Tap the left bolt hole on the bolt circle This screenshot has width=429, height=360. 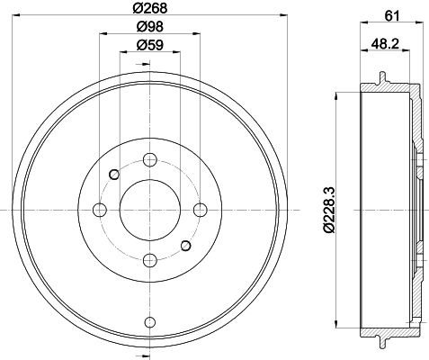[100, 210]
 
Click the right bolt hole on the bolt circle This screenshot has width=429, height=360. [199, 210]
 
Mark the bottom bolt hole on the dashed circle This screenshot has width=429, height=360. [149, 260]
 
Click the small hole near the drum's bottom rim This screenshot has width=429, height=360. [149, 320]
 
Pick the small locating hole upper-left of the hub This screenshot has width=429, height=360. [114, 175]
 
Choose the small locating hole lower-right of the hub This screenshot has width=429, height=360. [185, 245]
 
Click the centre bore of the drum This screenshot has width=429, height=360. [149, 210]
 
